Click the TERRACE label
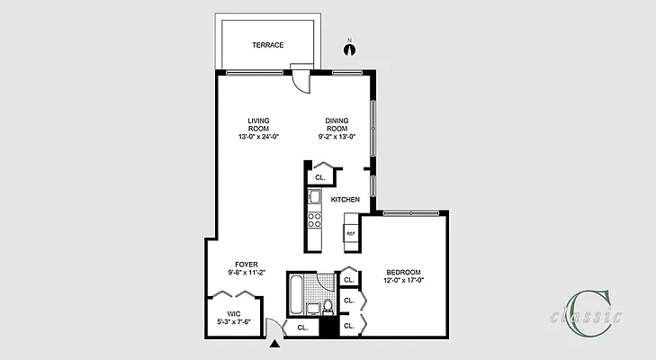pyautogui.click(x=268, y=44)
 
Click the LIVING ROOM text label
pyautogui.click(x=259, y=124)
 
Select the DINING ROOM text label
pyautogui.click(x=337, y=124)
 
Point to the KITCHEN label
pyautogui.click(x=346, y=199)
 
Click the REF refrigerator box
pyautogui.click(x=351, y=233)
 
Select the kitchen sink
pyautogui.click(x=315, y=196)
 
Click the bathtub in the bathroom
pyautogui.click(x=296, y=293)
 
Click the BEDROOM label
pyautogui.click(x=403, y=272)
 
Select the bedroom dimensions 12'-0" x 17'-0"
pyautogui.click(x=403, y=280)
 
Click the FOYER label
pyautogui.click(x=246, y=264)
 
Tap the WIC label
pyautogui.click(x=232, y=313)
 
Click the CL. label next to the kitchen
pyautogui.click(x=319, y=177)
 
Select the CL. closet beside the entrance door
pyautogui.click(x=301, y=328)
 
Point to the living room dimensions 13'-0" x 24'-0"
pyautogui.click(x=259, y=137)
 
